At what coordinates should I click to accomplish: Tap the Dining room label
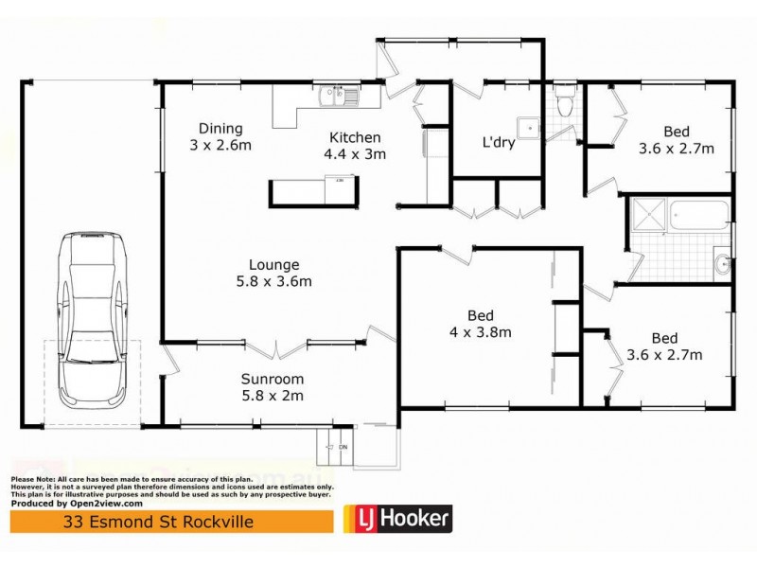pos(220,130)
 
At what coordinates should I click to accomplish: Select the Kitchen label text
pos(355,137)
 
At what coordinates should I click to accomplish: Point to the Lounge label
pos(274,265)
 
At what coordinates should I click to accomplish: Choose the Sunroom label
pos(272,379)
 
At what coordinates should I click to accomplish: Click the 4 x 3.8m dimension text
pos(480,331)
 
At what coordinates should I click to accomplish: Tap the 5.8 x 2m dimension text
pos(272,396)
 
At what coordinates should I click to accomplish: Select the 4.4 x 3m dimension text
pos(355,154)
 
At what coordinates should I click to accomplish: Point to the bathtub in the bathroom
pos(698,217)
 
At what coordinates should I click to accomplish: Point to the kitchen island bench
pos(314,192)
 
